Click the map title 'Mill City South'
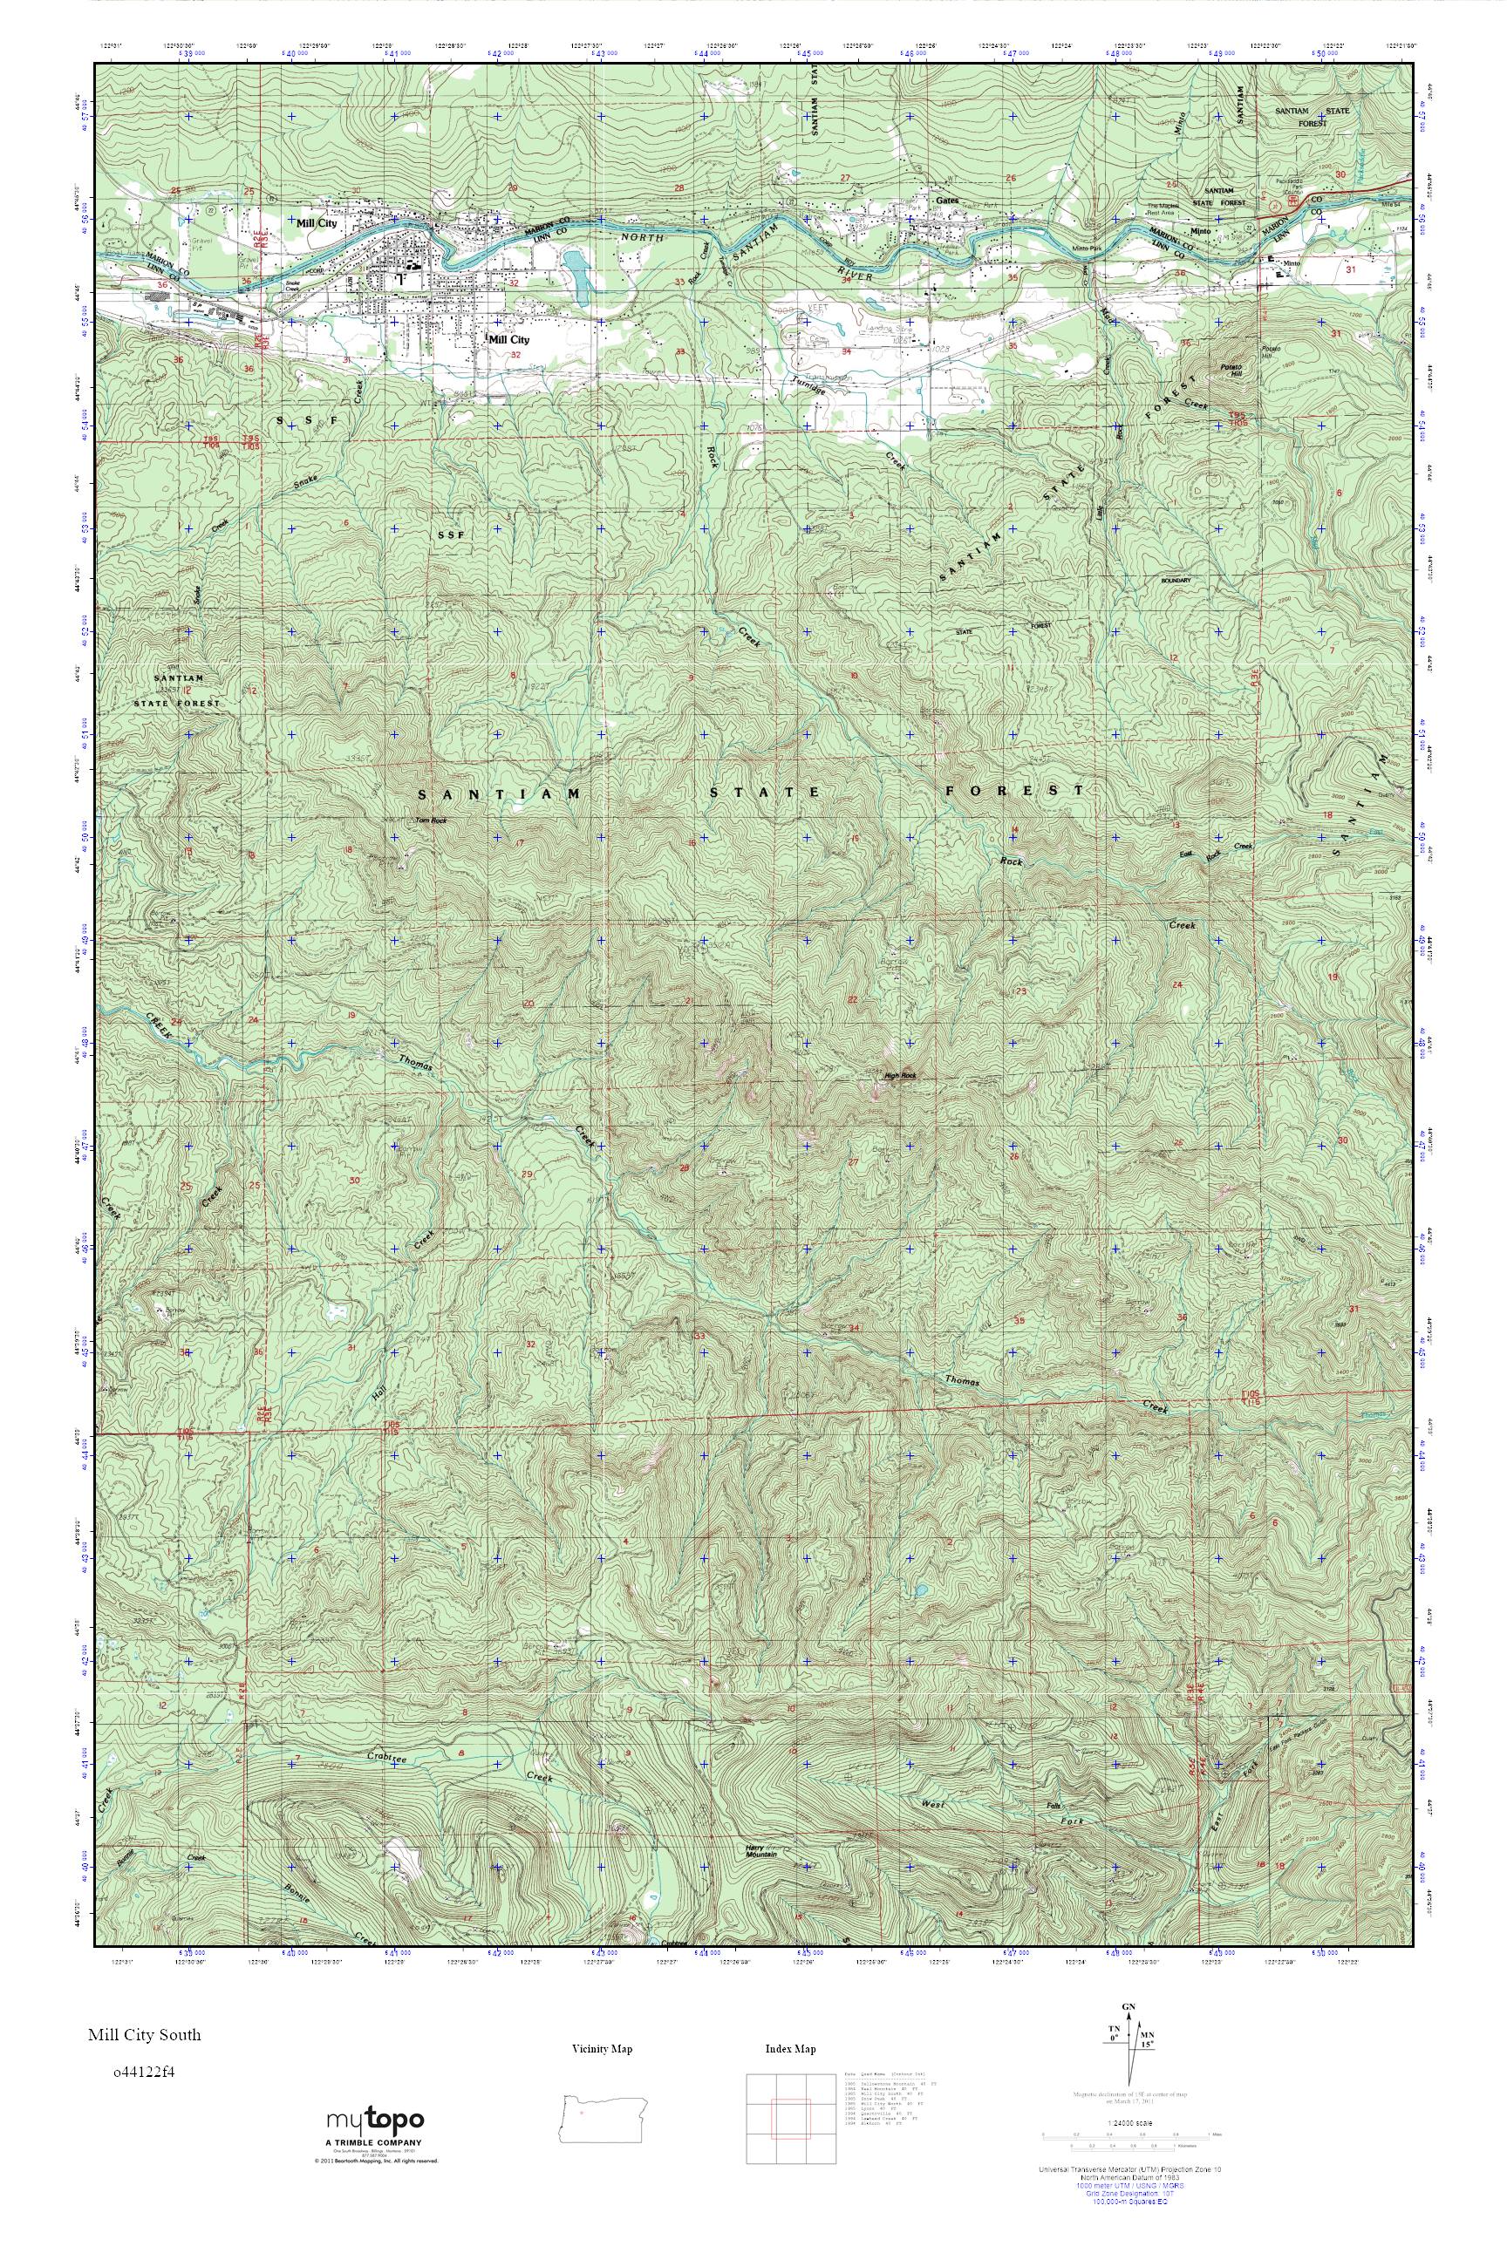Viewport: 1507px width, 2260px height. click(x=144, y=2034)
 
